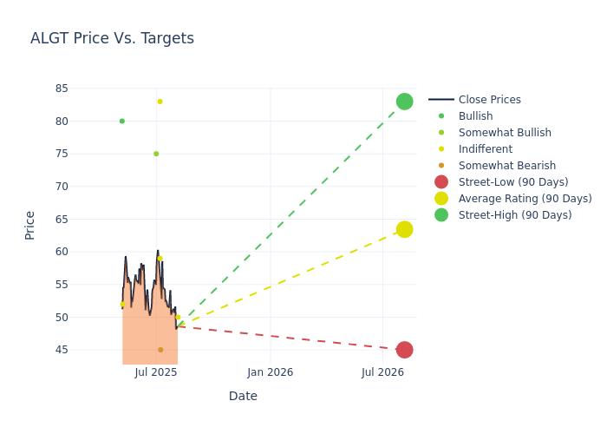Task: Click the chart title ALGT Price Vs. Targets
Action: click(x=112, y=39)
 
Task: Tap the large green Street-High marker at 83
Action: click(x=404, y=102)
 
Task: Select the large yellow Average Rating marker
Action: click(x=404, y=229)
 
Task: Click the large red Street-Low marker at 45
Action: click(x=404, y=350)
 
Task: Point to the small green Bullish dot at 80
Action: click(x=122, y=121)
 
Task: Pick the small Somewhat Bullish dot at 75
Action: click(x=156, y=154)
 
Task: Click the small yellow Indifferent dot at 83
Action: click(x=160, y=102)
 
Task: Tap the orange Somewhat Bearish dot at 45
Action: click(x=160, y=350)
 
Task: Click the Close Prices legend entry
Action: click(x=489, y=100)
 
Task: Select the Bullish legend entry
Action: click(x=475, y=116)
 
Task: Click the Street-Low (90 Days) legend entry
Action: click(x=512, y=182)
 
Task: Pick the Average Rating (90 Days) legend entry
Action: click(x=525, y=199)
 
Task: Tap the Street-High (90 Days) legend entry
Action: click(x=514, y=215)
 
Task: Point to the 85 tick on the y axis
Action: click(x=62, y=89)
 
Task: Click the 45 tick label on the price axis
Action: click(x=62, y=350)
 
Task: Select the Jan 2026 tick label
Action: click(x=270, y=372)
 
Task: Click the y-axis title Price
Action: click(x=30, y=225)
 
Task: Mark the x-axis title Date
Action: click(x=243, y=397)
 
